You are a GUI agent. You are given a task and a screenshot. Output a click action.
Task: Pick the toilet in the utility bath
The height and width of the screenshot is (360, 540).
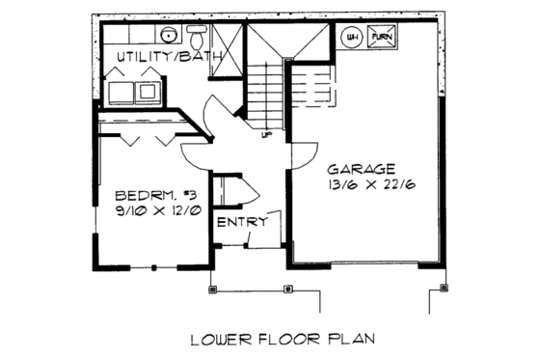coord(197,39)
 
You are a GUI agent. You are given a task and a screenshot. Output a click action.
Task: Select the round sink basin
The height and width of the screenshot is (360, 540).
coord(169,36)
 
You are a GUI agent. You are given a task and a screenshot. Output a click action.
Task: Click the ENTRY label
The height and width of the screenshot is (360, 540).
coord(237,223)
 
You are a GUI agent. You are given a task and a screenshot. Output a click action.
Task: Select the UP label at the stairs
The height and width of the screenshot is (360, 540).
coord(266,134)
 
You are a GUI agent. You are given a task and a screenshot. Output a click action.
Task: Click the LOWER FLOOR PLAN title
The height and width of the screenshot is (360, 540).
coord(282,339)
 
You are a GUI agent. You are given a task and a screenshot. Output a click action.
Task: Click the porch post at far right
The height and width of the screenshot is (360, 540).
coord(444,287)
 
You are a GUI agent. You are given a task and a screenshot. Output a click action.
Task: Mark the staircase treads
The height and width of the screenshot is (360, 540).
coord(261,97)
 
